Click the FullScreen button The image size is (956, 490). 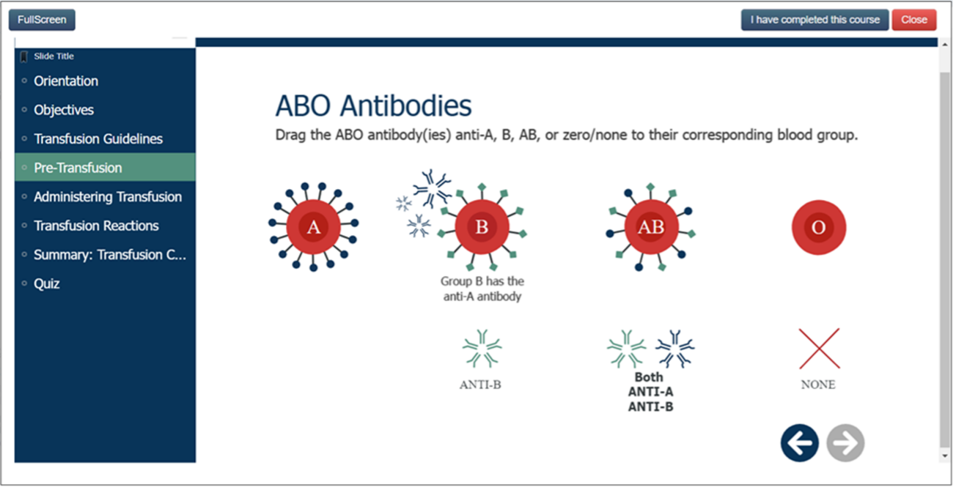point(42,20)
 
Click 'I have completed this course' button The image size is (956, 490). point(815,20)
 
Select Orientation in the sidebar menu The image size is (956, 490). point(65,81)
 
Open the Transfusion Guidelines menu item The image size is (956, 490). point(98,139)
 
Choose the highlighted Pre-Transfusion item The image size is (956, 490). point(78,168)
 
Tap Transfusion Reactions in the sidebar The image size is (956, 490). point(95,226)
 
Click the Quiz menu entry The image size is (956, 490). point(46,283)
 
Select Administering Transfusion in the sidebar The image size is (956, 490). point(107,197)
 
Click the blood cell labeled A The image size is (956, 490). point(314,227)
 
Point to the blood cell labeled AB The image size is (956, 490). point(650,227)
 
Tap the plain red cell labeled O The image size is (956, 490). point(818,227)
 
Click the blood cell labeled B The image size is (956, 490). point(482,227)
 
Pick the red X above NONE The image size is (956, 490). point(819,349)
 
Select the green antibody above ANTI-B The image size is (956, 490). point(482,349)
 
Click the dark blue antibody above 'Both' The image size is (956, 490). point(674,349)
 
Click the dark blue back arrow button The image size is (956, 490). point(799,443)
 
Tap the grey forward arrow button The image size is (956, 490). point(845,443)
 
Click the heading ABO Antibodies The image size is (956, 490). point(373,106)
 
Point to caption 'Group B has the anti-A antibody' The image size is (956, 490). point(482,289)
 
